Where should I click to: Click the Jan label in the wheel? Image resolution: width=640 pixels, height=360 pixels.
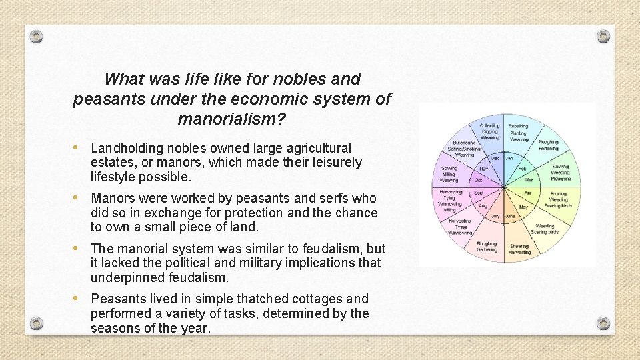coord(509,158)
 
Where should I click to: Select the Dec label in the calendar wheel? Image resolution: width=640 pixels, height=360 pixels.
coord(495,158)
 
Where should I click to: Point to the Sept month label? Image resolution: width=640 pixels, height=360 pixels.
coord(479,193)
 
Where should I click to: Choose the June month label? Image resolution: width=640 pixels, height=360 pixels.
coord(510,216)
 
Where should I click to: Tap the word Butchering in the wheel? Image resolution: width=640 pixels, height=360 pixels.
coord(464,142)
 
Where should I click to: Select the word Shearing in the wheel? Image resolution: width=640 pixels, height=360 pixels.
coord(519,246)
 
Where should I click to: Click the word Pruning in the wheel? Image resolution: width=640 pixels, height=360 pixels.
coord(558,193)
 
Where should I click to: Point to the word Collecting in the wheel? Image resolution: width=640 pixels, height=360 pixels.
coord(489,126)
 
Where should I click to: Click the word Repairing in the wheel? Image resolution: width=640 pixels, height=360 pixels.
coord(519,126)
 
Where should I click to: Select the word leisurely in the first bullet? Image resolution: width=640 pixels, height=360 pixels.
coord(331,162)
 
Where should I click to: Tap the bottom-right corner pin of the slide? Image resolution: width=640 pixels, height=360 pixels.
coord(603,323)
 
